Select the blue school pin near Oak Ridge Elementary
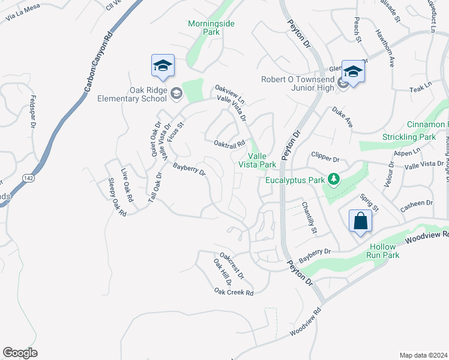163,66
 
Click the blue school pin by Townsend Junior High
354,73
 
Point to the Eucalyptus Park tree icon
335,179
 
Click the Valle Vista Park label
258,160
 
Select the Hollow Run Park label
383,251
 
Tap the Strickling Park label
409,137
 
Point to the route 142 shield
28,178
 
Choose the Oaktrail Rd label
229,143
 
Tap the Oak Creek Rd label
234,292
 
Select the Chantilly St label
309,217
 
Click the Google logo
20,353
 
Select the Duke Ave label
342,117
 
